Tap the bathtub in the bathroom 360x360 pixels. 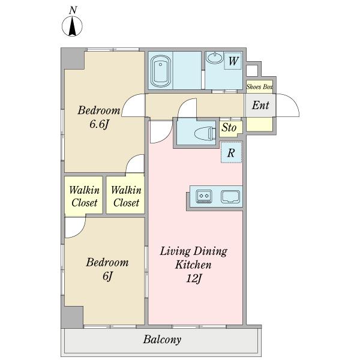(161, 71)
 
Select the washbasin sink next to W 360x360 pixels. (214, 58)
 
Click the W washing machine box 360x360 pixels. (233, 61)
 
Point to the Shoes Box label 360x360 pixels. (260, 87)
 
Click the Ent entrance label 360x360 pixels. (260, 106)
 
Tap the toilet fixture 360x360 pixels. (205, 133)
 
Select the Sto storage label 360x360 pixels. (229, 128)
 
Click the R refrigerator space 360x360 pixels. (231, 152)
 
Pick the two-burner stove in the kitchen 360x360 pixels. (204, 197)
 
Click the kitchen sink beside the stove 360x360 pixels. (230, 197)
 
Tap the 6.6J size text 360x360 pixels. (99, 125)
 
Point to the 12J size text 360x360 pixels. (194, 279)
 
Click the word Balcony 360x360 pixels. (162, 340)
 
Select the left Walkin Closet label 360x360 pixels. (84, 196)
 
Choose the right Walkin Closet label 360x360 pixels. (126, 196)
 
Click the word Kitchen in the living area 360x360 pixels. (193, 265)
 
